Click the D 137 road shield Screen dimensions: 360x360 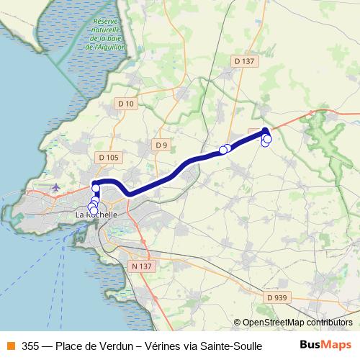tap(245, 62)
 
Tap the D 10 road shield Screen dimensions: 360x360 tap(125, 104)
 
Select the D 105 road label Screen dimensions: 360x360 tap(108, 158)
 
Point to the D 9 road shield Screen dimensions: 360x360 tap(161, 145)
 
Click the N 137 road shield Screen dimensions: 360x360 tap(141, 266)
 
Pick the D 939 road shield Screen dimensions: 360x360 tap(276, 297)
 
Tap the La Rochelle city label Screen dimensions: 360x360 tap(96, 215)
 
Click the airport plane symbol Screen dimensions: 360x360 tap(56, 187)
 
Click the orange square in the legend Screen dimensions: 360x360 tap(9, 346)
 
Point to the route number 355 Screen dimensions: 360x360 tap(30, 346)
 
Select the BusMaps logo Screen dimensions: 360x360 tap(326, 345)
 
